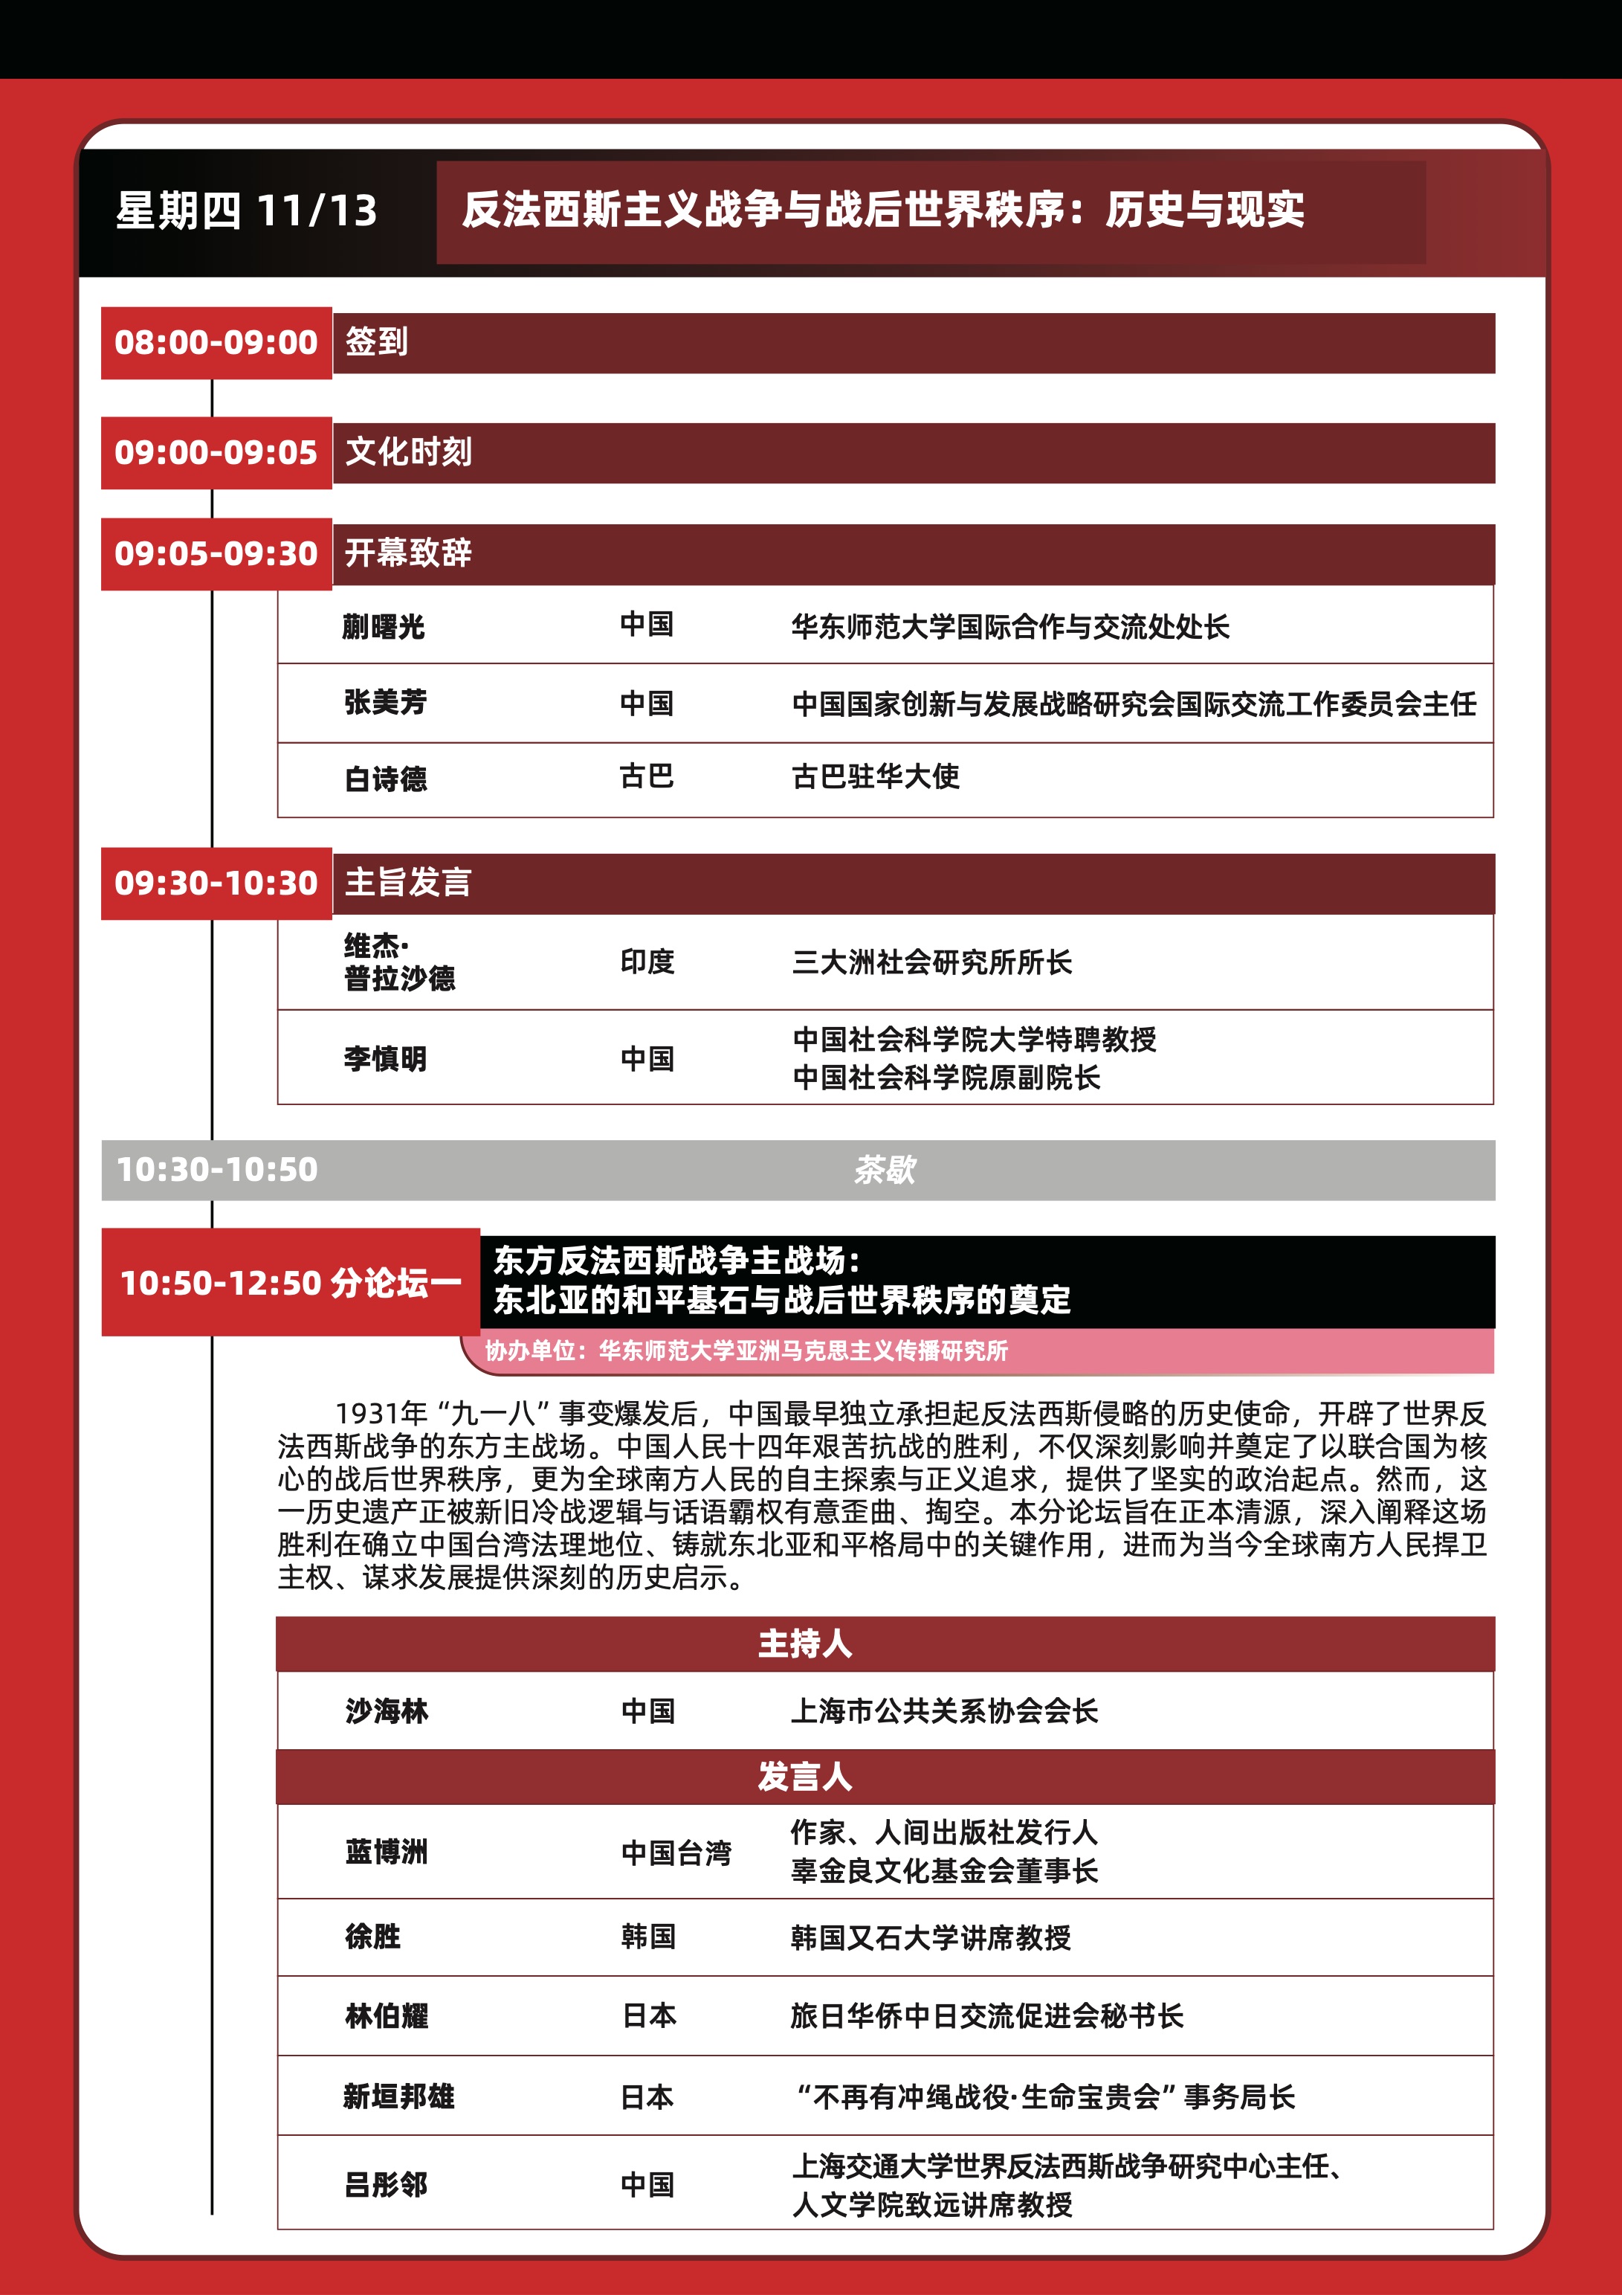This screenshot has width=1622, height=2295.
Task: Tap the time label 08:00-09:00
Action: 216,343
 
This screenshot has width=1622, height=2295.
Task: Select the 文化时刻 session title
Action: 409,452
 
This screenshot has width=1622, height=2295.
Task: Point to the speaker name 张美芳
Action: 385,703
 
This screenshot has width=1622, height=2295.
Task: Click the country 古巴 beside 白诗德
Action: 647,776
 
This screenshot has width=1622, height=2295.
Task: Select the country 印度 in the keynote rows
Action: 647,962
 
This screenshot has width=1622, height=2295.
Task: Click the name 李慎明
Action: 385,1058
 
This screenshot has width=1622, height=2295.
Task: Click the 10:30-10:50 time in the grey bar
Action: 217,1170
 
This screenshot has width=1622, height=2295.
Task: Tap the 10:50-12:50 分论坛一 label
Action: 290,1282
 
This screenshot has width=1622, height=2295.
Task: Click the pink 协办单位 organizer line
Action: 746,1351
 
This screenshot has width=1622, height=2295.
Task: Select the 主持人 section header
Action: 804,1644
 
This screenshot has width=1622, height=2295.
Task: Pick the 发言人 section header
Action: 804,1776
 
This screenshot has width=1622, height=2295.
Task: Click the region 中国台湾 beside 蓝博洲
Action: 676,1853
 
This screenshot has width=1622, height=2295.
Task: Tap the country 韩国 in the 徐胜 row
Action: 647,1936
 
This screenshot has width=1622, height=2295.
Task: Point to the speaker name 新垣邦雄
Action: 398,2096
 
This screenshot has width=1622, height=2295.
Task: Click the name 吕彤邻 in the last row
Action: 385,2185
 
